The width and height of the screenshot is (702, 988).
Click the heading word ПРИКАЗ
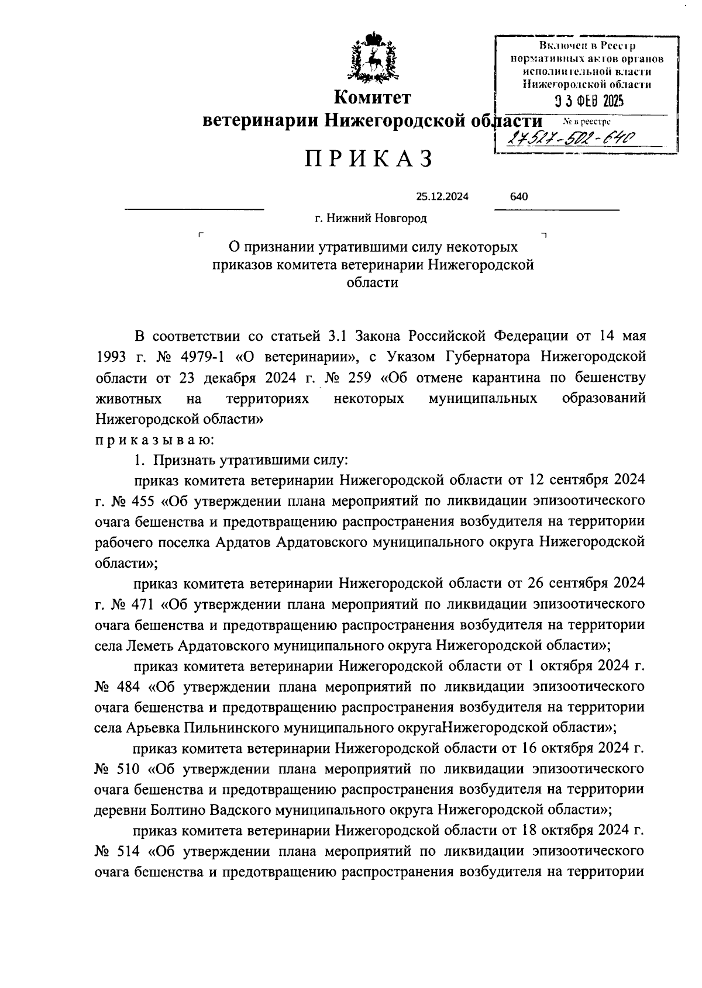tap(369, 159)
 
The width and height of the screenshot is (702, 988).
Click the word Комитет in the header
tap(372, 97)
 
